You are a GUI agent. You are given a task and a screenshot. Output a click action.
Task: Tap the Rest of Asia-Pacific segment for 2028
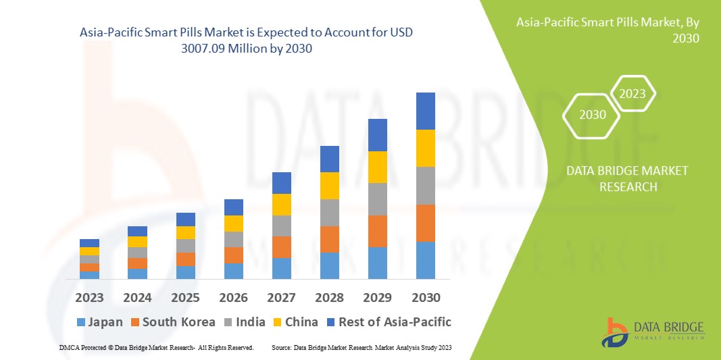click(x=329, y=159)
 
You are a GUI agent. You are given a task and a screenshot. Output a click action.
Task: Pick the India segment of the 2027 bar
click(x=281, y=226)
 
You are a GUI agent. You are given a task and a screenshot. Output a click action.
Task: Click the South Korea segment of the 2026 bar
click(x=233, y=255)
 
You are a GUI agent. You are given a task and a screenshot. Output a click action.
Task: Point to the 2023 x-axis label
click(x=89, y=297)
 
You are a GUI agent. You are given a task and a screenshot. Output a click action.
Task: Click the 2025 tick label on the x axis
click(x=185, y=297)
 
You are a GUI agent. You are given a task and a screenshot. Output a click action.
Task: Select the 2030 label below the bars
click(x=425, y=297)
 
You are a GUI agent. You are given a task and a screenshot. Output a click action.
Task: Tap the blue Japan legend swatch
click(x=82, y=322)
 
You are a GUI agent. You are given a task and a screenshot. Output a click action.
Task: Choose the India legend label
click(x=250, y=322)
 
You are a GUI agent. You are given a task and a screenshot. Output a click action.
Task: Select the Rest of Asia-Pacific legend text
click(x=394, y=322)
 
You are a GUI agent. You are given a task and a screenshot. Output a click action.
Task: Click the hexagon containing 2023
click(x=632, y=94)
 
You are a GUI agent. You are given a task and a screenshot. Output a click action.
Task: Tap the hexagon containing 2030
click(x=593, y=115)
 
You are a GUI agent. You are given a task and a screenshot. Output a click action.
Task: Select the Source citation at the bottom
click(x=361, y=347)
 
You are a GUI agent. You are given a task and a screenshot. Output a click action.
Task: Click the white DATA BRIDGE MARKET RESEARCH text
click(x=627, y=178)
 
